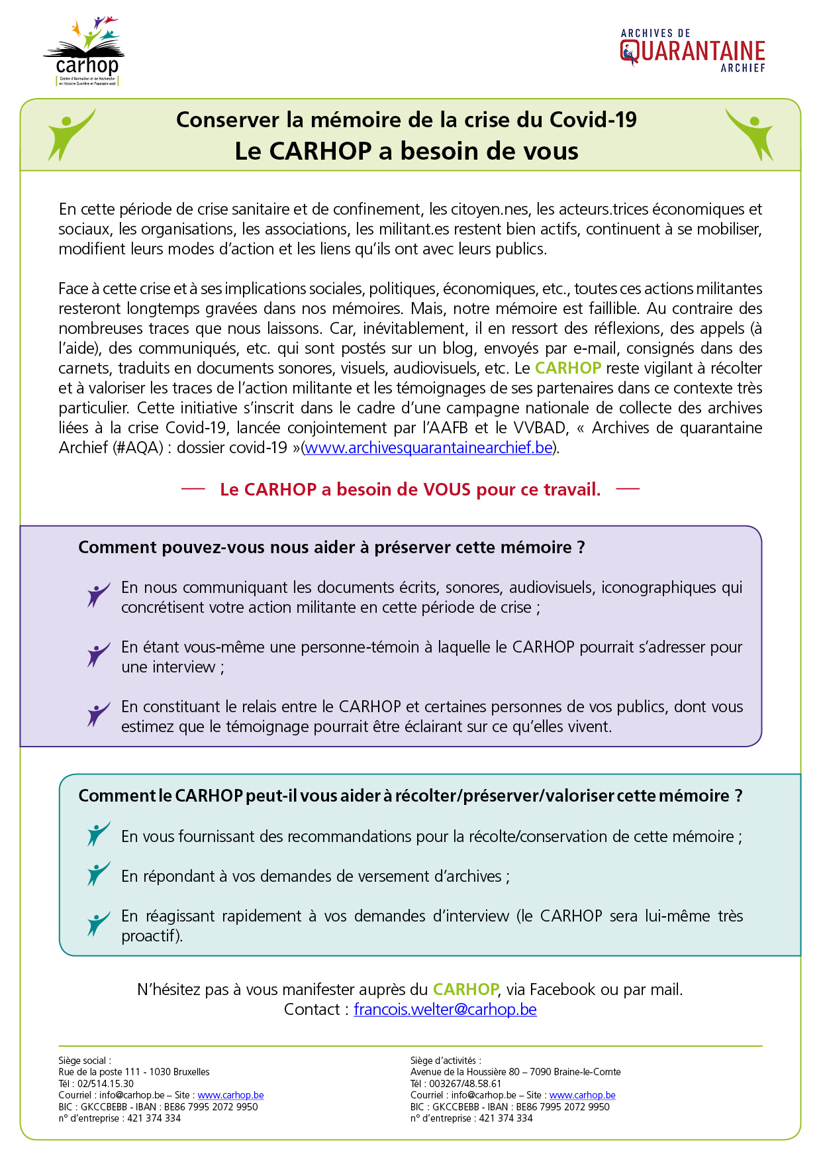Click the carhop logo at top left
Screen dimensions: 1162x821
click(x=85, y=52)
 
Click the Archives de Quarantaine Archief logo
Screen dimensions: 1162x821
click(x=693, y=50)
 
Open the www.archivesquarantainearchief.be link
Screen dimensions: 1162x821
click(x=428, y=448)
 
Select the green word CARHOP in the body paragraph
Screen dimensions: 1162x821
click(x=568, y=368)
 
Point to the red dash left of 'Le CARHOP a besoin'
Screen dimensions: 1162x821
click(x=193, y=489)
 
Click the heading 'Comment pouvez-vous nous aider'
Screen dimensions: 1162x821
click(x=331, y=547)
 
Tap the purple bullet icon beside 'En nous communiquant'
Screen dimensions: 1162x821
click(x=98, y=594)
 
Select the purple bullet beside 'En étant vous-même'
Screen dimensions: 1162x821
click(x=98, y=654)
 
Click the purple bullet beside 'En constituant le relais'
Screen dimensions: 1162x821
click(x=98, y=713)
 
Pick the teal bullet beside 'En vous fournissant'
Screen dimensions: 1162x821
click(x=98, y=833)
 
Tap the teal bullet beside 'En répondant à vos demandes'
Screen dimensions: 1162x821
click(x=98, y=873)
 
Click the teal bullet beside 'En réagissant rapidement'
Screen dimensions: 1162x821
click(x=98, y=923)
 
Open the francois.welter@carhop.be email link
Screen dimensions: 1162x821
click(x=445, y=1010)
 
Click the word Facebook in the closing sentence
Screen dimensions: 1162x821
click(x=562, y=990)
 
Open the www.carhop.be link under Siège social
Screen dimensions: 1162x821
click(x=230, y=1095)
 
